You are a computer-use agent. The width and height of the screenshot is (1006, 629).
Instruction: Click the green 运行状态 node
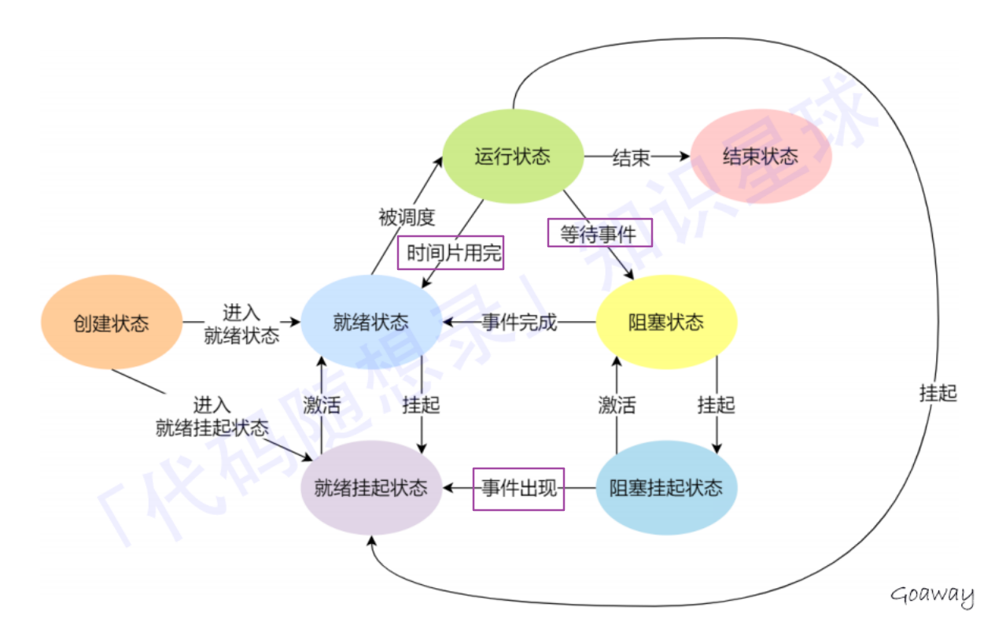512,156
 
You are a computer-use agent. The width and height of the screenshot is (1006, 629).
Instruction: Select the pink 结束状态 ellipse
761,156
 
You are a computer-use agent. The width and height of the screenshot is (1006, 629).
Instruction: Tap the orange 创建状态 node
111,323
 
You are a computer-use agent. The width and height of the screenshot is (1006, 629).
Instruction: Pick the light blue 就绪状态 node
371,323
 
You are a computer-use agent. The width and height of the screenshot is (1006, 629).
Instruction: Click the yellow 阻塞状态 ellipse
666,323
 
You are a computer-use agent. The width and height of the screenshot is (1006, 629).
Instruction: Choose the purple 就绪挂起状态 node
371,488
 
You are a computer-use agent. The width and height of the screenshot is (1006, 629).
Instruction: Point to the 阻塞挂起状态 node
666,488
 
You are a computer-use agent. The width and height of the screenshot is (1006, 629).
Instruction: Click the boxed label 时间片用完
451,253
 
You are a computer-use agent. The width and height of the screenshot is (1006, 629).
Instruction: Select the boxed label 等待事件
599,233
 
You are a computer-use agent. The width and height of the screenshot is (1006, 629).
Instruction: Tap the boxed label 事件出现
518,488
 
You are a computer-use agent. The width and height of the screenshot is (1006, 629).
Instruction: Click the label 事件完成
519,323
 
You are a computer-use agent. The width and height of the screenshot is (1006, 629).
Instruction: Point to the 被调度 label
407,217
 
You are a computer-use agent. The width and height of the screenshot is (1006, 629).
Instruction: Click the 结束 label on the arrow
632,157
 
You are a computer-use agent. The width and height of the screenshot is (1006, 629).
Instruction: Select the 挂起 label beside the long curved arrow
938,393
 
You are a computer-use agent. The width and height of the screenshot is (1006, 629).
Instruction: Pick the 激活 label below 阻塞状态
617,405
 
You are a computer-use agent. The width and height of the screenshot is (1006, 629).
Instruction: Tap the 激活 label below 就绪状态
322,405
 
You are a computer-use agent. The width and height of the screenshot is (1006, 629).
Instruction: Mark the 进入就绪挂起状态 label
212,417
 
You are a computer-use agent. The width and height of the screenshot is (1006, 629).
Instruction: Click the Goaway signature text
932,595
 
